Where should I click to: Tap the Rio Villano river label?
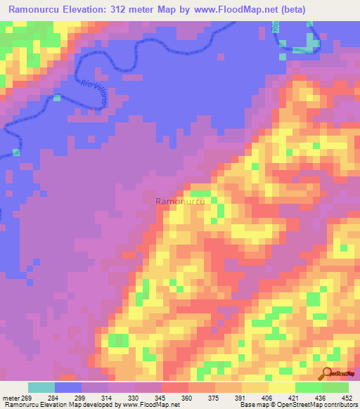coord(93,94)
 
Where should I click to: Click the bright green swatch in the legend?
coord(335,387)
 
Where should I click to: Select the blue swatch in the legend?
coord(68,387)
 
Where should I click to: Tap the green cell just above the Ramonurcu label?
coord(200,193)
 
